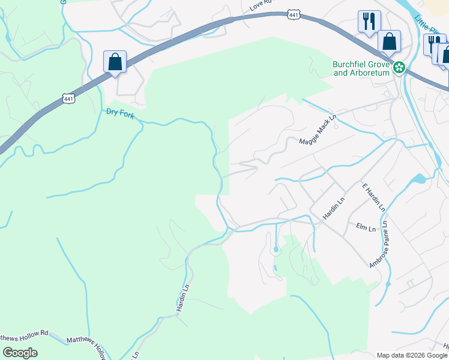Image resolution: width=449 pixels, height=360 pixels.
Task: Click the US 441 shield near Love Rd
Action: (x=294, y=15)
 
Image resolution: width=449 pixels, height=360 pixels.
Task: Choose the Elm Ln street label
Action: (x=365, y=227)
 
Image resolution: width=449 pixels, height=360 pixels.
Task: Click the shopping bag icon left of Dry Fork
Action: (x=115, y=62)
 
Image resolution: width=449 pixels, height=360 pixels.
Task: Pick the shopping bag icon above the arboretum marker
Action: (x=389, y=42)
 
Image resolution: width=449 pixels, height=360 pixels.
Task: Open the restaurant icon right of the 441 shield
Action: (x=369, y=21)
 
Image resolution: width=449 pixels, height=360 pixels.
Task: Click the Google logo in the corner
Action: (x=20, y=352)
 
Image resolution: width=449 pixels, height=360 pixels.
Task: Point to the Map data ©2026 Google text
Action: (x=412, y=355)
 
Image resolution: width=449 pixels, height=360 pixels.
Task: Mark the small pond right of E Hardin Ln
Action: (x=418, y=179)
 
